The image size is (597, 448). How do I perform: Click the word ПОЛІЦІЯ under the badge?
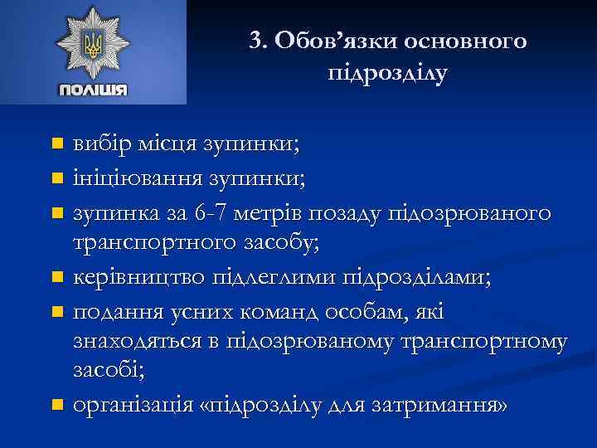tap(92, 90)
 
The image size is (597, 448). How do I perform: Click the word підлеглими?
tap(264, 276)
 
